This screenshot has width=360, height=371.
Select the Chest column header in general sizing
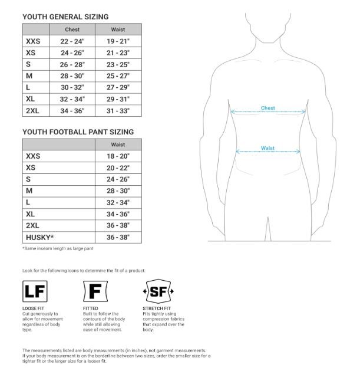(x=72, y=29)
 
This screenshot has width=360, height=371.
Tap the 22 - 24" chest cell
(x=72, y=41)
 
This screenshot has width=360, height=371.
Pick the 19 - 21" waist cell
(x=118, y=41)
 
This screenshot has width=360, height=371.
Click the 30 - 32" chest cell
(x=72, y=87)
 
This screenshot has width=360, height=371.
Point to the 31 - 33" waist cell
(x=118, y=110)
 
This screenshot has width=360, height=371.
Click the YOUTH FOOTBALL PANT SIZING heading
(x=78, y=132)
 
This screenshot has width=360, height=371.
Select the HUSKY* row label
(x=39, y=237)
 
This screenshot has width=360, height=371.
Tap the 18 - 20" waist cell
(x=118, y=156)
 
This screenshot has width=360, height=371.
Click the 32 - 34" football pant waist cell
(x=118, y=202)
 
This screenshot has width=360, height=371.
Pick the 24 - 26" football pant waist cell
(x=118, y=179)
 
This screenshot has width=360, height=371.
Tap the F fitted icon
(x=94, y=291)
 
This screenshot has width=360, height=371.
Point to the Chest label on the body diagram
(x=268, y=109)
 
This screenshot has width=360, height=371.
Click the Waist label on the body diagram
(x=267, y=149)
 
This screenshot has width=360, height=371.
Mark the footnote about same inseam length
(x=58, y=248)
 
